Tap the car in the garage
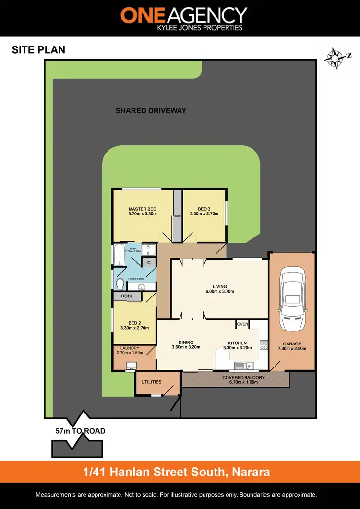(292, 300)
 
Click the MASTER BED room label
(143, 209)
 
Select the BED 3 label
(204, 209)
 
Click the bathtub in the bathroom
(119, 255)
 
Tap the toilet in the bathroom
(120, 283)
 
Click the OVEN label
(242, 324)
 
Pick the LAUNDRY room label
(130, 348)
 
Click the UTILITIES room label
(151, 382)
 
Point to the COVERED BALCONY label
(243, 378)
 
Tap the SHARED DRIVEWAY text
(151, 111)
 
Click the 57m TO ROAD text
(81, 431)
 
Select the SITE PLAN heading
(38, 50)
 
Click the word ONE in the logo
(143, 15)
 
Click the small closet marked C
(149, 263)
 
